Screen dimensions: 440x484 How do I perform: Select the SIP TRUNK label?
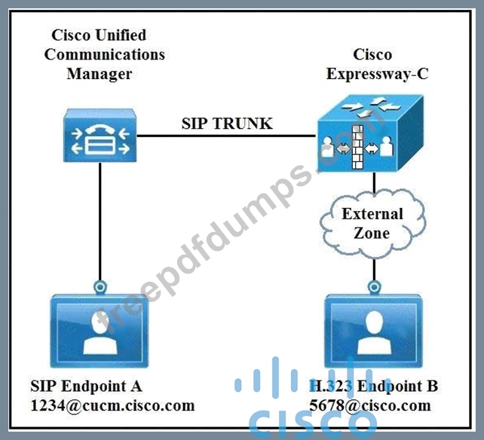point(227,123)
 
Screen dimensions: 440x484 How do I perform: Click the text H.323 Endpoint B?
point(373,387)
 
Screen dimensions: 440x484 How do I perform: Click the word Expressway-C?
point(372,73)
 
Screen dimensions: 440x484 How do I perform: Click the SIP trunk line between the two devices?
point(226,137)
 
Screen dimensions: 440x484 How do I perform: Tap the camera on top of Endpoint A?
point(99,287)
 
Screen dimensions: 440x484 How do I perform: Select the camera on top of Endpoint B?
point(374,287)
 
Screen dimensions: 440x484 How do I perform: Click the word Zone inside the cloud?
point(372,232)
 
